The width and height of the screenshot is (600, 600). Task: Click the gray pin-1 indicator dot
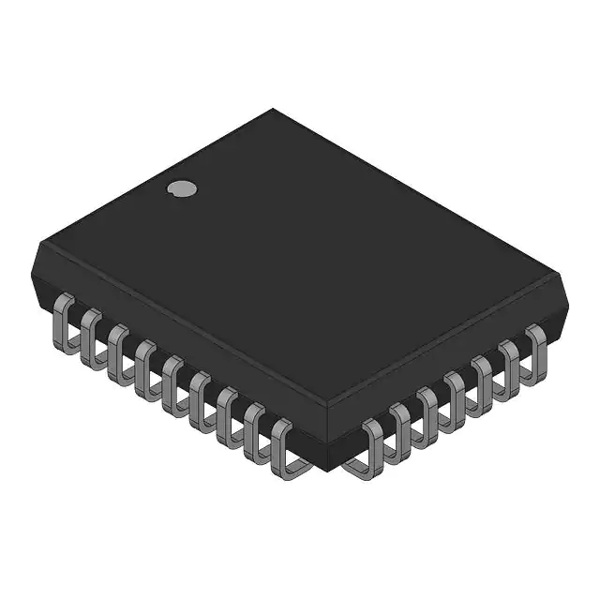pyautogui.click(x=182, y=188)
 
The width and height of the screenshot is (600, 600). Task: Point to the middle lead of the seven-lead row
pyautogui.click(x=455, y=394)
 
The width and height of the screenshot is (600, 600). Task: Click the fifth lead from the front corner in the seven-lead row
pyautogui.click(x=482, y=378)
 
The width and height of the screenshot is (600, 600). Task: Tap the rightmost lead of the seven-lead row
pyautogui.click(x=535, y=348)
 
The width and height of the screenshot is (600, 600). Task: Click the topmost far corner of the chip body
pyautogui.click(x=274, y=110)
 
